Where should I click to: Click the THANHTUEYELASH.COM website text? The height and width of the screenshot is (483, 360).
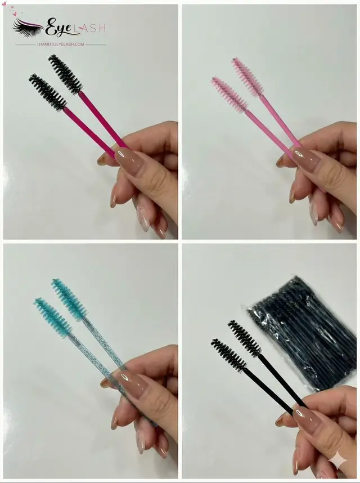[60, 44]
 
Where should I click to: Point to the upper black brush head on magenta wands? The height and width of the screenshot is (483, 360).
[65, 74]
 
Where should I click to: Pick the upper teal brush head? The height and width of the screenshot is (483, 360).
[69, 298]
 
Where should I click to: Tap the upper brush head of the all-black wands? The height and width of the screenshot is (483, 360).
[244, 338]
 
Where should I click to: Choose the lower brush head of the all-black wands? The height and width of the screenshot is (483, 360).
[228, 355]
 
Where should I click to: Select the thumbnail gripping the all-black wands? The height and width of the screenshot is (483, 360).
[308, 419]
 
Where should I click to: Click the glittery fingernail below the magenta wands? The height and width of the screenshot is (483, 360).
[143, 218]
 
